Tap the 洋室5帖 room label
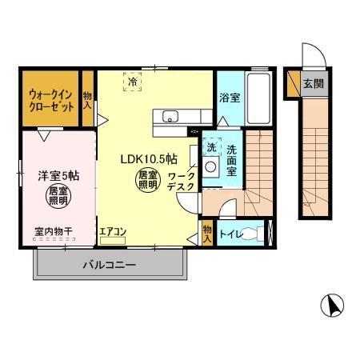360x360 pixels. pyautogui.click(x=50, y=174)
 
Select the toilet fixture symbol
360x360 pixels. pyautogui.click(x=254, y=234)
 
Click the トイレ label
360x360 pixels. pyautogui.click(x=229, y=234)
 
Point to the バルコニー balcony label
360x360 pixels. pyautogui.click(x=110, y=265)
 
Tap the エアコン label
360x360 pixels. pyautogui.click(x=113, y=233)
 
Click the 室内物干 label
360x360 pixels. pyautogui.click(x=53, y=233)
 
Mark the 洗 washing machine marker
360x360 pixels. pyautogui.click(x=211, y=146)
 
